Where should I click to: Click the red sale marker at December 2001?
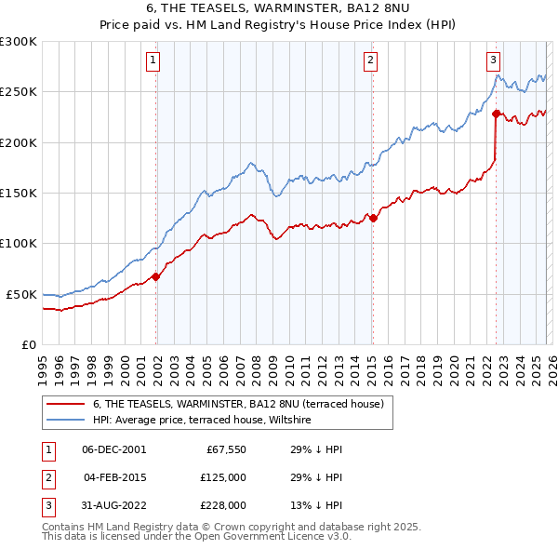(155, 276)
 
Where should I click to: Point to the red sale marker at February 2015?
(372, 218)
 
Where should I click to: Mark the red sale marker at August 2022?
(496, 114)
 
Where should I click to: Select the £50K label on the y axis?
(22, 294)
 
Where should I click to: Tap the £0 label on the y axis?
(28, 344)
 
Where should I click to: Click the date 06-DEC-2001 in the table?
(113, 449)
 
